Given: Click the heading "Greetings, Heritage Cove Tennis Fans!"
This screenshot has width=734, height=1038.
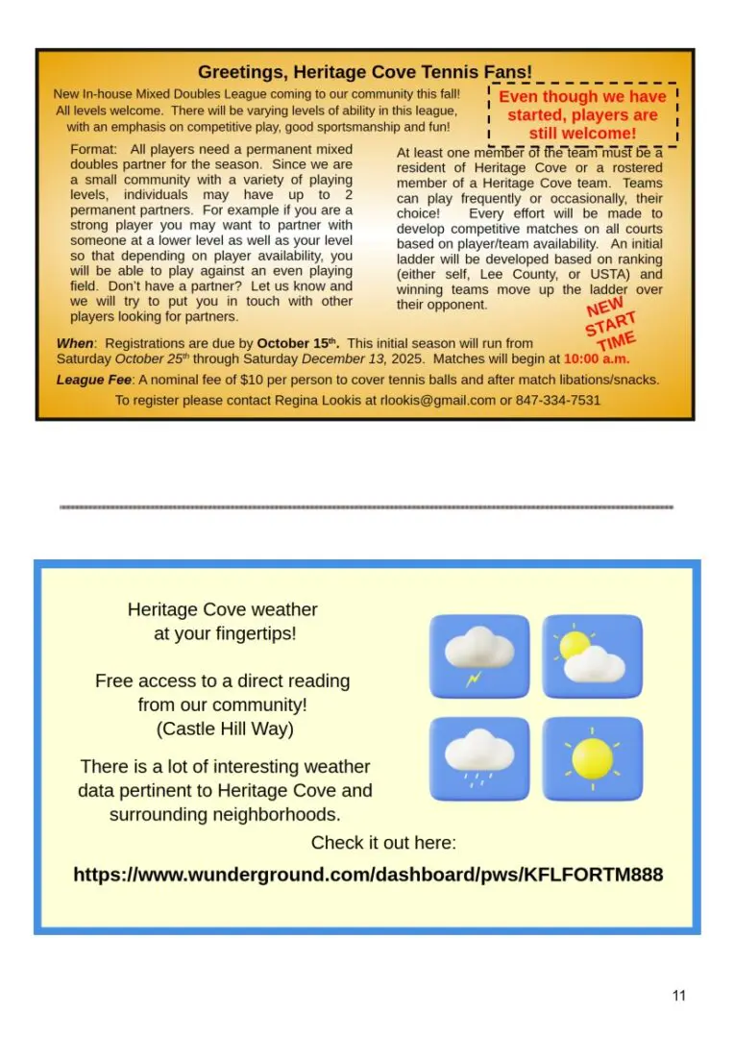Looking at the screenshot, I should (364, 72).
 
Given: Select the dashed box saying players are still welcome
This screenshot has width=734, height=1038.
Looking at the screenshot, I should (582, 114).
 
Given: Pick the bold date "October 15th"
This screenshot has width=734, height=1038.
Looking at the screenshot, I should (295, 343).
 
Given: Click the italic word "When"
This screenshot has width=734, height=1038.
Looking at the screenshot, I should (75, 343).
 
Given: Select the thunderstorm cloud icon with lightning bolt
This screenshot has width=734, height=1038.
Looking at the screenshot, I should (478, 656).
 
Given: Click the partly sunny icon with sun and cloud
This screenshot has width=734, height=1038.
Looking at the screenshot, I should (592, 656).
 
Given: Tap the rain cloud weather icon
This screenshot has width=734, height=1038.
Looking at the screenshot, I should (478, 759).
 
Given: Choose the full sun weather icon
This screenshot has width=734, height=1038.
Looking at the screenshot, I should (592, 759).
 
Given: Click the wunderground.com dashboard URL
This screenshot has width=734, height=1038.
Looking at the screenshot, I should (368, 876).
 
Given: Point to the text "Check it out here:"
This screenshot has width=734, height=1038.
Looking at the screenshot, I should (383, 843).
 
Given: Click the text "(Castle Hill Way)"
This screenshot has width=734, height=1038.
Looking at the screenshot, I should (224, 729).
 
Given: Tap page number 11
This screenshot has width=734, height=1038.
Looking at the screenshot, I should (679, 996).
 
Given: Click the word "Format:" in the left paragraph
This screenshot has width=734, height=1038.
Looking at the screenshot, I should (93, 150).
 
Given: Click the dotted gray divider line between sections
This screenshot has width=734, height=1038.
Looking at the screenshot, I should (366, 507).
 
